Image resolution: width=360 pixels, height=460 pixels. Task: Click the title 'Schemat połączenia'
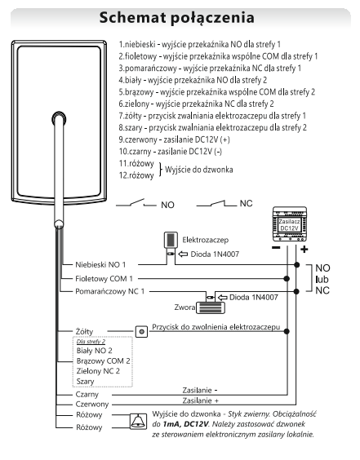point(177,18)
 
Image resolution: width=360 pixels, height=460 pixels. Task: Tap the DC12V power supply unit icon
point(290,223)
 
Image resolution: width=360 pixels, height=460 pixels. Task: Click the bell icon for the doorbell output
point(138,422)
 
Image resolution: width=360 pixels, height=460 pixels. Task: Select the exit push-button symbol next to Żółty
point(141,331)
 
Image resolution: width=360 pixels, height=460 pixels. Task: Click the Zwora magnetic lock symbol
point(211,307)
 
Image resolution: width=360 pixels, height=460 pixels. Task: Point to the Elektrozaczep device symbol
point(171,240)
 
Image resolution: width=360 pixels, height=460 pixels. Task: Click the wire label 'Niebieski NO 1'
point(100,264)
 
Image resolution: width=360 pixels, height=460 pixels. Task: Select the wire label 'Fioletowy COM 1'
point(104,278)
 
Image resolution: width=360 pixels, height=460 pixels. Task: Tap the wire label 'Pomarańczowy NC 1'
point(110,292)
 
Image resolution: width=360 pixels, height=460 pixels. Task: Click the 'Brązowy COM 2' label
point(103,360)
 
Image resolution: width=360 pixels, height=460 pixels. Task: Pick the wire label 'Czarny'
point(87,394)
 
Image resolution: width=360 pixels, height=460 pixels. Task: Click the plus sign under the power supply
point(304,250)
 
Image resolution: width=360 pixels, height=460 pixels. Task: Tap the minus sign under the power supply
point(276,248)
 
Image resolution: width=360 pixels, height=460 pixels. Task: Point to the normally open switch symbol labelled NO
point(136,203)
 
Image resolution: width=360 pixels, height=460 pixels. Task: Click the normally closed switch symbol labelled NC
point(216,203)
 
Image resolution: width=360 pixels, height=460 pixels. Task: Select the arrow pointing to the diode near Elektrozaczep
point(183,254)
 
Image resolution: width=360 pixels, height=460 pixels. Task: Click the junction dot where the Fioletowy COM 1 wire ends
point(287,278)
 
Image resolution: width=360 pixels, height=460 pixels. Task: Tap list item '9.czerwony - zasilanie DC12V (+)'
point(174,139)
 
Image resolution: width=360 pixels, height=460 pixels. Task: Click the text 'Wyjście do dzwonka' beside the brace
point(199,170)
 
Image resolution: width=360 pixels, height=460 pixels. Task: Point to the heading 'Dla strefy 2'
point(91,342)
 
